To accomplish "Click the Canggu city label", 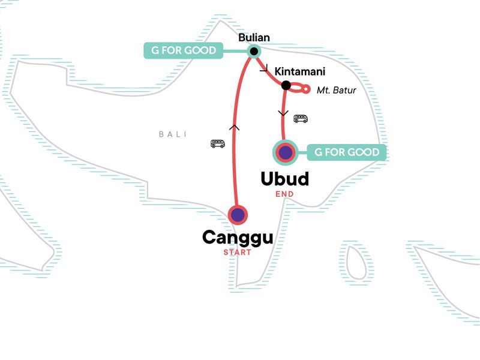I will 238,237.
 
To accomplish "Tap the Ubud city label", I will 284,179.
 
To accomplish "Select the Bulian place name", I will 254,38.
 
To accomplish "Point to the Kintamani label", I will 299,72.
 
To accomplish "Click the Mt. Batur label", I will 336,91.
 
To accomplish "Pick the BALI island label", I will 173,134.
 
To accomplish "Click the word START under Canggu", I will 238,252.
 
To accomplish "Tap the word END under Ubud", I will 284,194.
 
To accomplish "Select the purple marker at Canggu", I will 238,214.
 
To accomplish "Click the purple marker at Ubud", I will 284,152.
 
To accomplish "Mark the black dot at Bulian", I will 254,51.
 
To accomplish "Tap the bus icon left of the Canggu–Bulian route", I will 218,143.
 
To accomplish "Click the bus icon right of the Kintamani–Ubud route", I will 301,119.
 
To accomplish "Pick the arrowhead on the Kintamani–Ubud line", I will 283,113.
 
